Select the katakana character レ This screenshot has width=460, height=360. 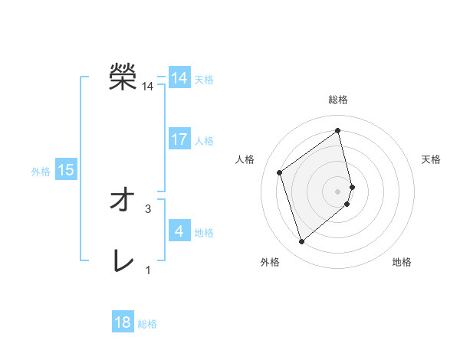coord(122,262)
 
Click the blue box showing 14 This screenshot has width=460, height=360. coord(179,78)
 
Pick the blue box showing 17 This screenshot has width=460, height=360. coord(179,139)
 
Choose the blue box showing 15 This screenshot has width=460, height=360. coord(66,170)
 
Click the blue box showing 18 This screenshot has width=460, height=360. coord(123,322)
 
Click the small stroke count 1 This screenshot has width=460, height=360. coord(148,270)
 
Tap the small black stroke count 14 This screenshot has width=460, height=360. coord(148,87)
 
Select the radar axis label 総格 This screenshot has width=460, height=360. coord(338,100)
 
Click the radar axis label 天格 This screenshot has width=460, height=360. coord(432,159)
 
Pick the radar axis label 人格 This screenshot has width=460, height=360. coord(245,159)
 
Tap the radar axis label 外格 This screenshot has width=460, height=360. coord(270,262)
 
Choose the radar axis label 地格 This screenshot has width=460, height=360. coord(402,262)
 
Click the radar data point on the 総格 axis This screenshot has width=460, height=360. coord(338,131)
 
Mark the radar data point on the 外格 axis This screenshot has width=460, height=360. coord(301,242)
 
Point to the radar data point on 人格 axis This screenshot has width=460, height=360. coord(280,172)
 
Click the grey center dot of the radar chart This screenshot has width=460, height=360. coord(338,191)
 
